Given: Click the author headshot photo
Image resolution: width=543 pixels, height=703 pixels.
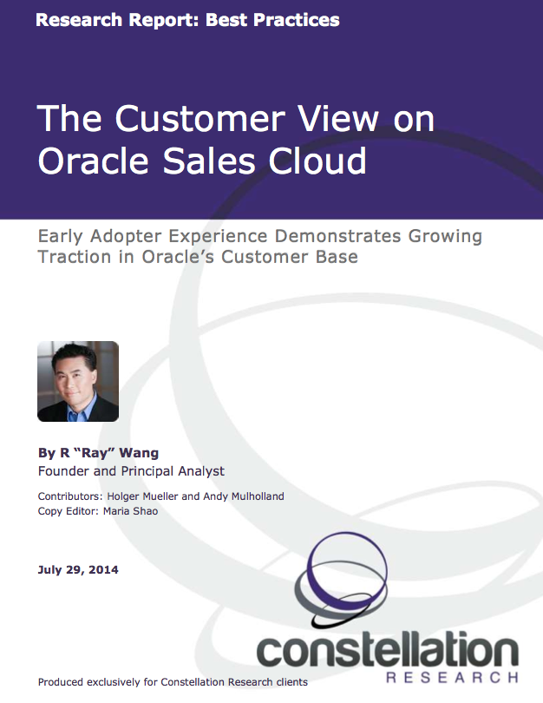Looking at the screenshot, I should pos(78,381).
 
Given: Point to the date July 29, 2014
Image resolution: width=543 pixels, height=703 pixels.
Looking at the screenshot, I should pos(78,570).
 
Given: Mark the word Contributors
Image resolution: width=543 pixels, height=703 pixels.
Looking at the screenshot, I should pos(69,496).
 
